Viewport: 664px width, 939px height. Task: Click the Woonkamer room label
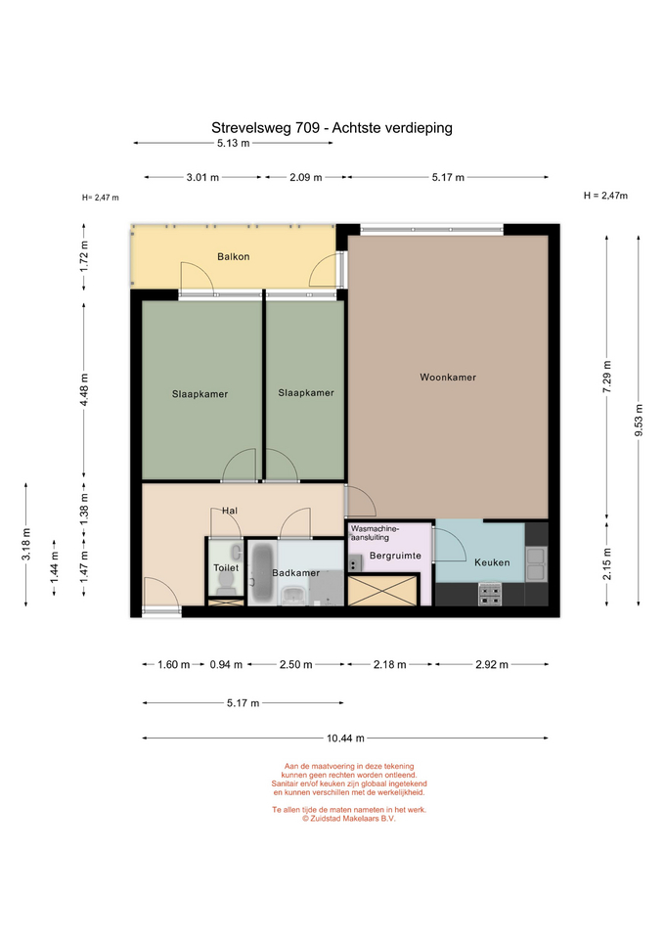[x=448, y=378]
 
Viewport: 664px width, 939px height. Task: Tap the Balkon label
[x=233, y=257]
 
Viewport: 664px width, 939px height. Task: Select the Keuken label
[x=492, y=562]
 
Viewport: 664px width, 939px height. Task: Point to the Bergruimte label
[x=395, y=556]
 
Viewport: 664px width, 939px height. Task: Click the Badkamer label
[x=295, y=573]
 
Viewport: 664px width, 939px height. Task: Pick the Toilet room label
[x=226, y=567]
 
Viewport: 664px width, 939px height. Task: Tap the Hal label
[x=230, y=511]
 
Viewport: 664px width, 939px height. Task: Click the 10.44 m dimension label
[x=345, y=738]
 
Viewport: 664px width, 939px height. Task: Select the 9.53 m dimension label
[x=639, y=420]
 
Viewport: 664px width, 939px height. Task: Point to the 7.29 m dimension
[x=607, y=377]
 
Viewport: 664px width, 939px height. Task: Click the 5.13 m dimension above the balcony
[x=234, y=143]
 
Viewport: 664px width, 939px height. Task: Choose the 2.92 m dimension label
[x=492, y=665]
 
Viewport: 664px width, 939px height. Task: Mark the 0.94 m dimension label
[x=226, y=665]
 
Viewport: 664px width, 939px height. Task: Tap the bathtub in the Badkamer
[x=262, y=573]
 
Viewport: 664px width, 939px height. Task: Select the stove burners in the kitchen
[x=490, y=594]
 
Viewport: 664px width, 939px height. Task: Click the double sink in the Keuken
[x=536, y=564]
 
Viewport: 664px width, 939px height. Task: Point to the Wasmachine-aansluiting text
[x=375, y=533]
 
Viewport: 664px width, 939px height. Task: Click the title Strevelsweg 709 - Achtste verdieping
[x=332, y=127]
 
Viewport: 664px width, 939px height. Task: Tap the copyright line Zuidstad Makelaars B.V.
[x=348, y=819]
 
